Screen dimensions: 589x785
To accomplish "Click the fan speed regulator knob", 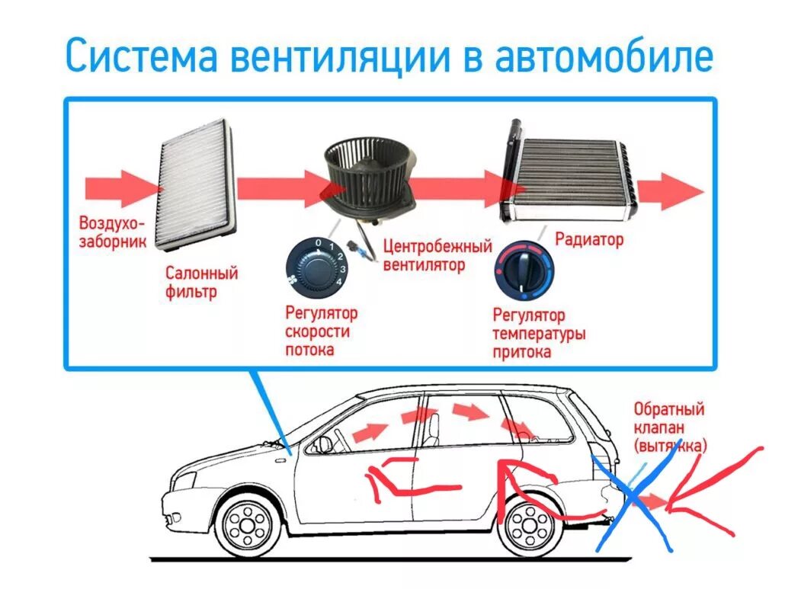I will (313, 266).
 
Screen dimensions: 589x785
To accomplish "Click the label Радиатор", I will (589, 239).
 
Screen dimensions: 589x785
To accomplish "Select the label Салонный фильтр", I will (201, 282).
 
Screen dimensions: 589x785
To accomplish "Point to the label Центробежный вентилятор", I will (437, 256).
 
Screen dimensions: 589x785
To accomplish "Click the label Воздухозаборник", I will (111, 232).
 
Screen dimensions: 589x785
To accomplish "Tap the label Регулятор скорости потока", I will (321, 331).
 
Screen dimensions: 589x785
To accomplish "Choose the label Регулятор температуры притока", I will (538, 334).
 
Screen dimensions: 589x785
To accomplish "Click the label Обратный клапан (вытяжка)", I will (668, 427).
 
